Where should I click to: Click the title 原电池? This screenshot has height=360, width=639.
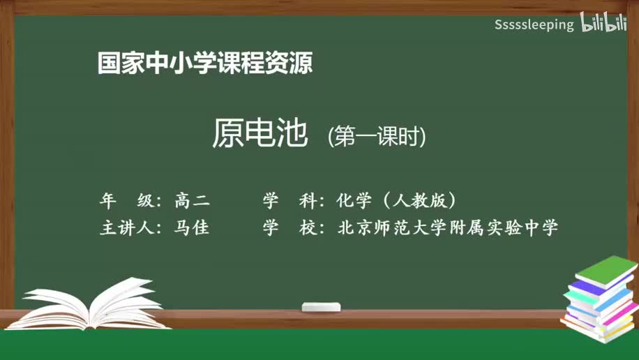[260, 135]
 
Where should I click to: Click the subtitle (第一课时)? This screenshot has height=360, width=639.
[377, 137]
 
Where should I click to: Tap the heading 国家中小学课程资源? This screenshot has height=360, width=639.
[204, 63]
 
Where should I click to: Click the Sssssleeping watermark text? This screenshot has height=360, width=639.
[534, 25]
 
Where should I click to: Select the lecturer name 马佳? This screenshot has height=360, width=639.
[192, 228]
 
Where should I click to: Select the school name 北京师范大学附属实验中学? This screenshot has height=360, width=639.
[448, 228]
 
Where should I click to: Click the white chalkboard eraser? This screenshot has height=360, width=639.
[321, 307]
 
